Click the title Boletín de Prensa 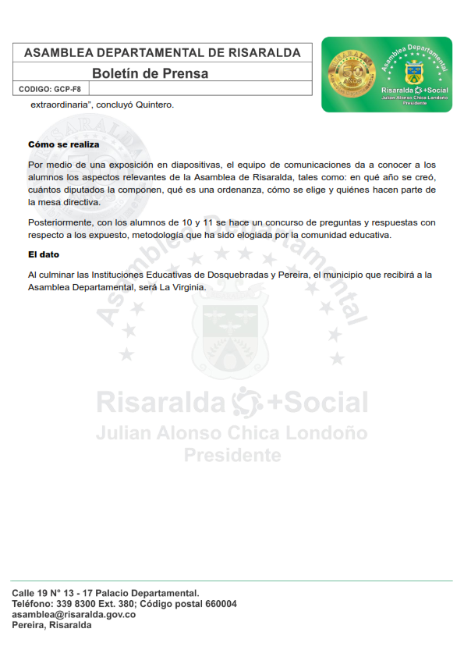point(150,73)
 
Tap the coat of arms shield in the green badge point(414,75)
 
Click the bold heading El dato point(44,255)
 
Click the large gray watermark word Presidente point(232,454)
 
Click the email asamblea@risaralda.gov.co point(74,615)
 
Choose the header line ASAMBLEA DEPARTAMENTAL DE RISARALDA point(162,53)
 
